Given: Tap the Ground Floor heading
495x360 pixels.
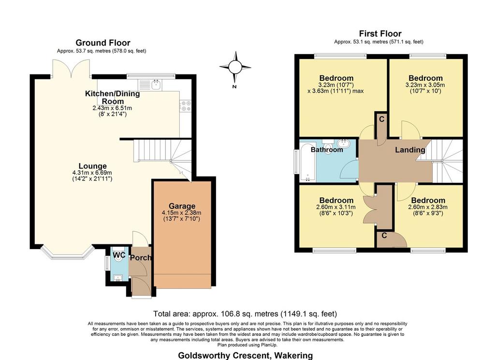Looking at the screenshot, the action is click(x=102, y=43).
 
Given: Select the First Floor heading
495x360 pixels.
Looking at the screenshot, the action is click(x=380, y=33).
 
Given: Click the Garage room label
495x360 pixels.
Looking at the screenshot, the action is click(x=182, y=206).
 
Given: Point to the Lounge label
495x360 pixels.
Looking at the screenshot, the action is click(x=92, y=166).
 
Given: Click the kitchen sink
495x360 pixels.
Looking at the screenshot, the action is click(x=150, y=84).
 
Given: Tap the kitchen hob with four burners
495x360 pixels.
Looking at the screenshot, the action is click(x=185, y=106).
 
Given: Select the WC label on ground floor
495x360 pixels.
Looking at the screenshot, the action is click(x=119, y=255).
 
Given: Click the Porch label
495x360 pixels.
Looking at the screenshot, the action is click(x=141, y=257).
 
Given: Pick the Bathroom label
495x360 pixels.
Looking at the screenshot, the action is click(x=327, y=150).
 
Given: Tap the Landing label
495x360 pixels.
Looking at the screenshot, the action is click(x=410, y=150).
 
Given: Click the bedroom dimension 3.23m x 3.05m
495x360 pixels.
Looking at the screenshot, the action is click(x=425, y=85).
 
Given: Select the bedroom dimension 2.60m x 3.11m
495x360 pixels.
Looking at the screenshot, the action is click(x=336, y=208).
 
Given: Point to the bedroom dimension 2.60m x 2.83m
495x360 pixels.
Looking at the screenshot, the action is click(x=428, y=208).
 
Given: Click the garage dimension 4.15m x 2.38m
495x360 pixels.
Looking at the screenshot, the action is click(x=182, y=213).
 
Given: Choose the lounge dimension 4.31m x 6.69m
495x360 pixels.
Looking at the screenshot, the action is click(x=92, y=173).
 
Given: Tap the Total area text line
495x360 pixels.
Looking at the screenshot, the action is click(x=245, y=314).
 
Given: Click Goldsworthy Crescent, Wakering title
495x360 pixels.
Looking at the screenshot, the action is click(x=245, y=356).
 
